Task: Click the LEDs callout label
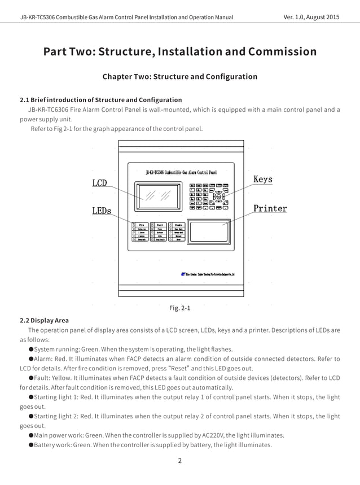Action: (102, 211)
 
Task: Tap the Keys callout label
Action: (262, 180)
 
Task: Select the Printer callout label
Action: (270, 208)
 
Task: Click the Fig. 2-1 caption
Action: (180, 308)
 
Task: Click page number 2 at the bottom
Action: (180, 460)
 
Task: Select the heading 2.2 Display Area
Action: (44, 320)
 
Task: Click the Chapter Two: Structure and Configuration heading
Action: (179, 76)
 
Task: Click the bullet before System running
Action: (31, 349)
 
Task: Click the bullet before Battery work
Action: (31, 445)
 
